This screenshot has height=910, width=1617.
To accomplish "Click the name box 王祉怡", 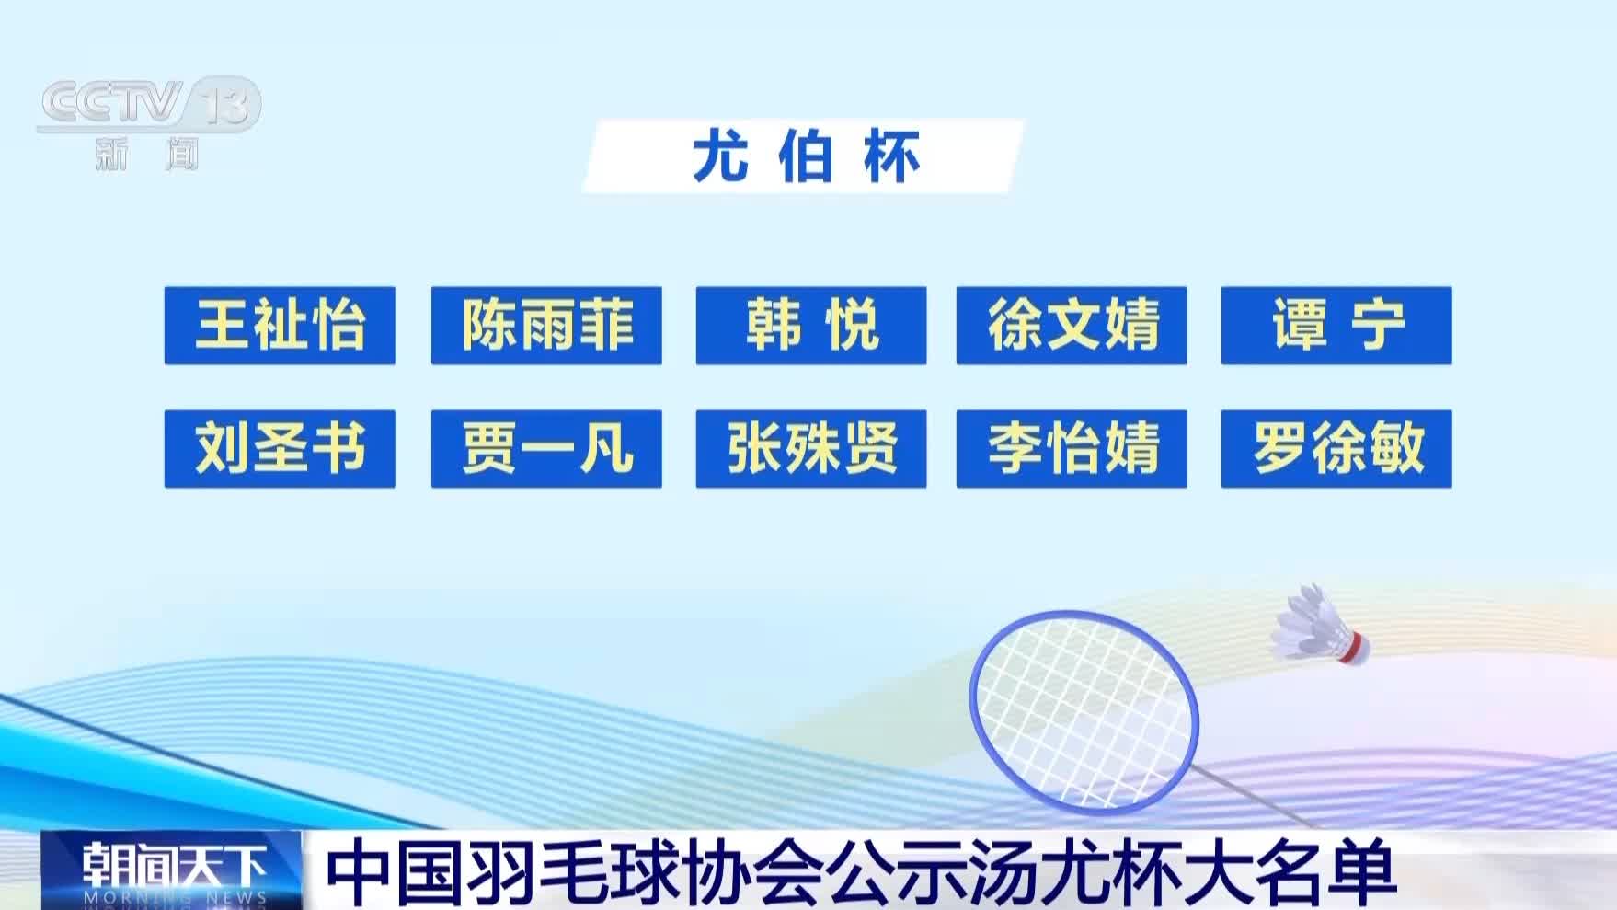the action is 280,325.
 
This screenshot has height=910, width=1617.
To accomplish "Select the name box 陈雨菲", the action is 546,325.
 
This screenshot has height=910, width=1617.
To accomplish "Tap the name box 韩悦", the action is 811,325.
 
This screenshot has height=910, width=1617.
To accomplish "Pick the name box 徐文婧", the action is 1072,325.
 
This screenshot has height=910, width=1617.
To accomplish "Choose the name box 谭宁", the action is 1336,325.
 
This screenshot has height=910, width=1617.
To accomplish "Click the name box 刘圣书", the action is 280,448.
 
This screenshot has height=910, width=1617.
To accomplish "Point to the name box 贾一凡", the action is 546,448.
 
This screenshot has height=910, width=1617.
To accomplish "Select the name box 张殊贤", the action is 811,448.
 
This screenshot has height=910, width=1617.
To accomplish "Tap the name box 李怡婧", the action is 1072,448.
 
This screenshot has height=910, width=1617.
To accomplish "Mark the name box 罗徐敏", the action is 1336,448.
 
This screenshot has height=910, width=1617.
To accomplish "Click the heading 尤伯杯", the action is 805,156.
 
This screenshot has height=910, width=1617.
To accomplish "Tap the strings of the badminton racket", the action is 1085,711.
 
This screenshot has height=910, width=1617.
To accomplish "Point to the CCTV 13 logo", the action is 149,103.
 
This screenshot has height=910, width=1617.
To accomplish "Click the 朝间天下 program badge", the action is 172,870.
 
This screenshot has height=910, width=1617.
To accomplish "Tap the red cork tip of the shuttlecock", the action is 1355,647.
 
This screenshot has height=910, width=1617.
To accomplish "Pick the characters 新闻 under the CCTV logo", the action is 146,154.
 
